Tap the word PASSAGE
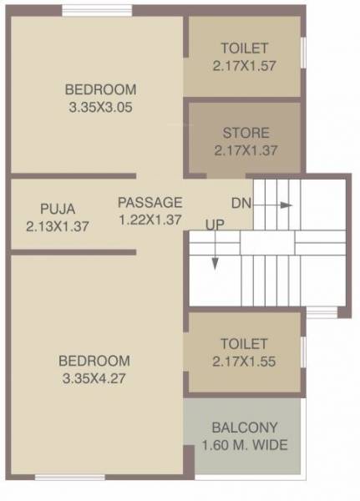tap(150, 202)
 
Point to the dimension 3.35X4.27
tap(94, 377)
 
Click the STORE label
tap(246, 133)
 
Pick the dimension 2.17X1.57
tap(245, 64)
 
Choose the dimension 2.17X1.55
tap(244, 361)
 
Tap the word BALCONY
tap(245, 427)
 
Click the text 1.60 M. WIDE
tap(245, 445)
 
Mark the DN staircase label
tap(241, 203)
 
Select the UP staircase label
tap(215, 224)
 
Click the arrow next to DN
tap(279, 204)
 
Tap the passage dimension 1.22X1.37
tap(150, 220)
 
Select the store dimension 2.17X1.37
tap(246, 150)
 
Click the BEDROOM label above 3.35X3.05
tap(100, 89)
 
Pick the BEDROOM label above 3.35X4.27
tap(94, 361)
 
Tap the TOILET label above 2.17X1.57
tap(245, 47)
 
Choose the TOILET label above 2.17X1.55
tap(244, 343)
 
